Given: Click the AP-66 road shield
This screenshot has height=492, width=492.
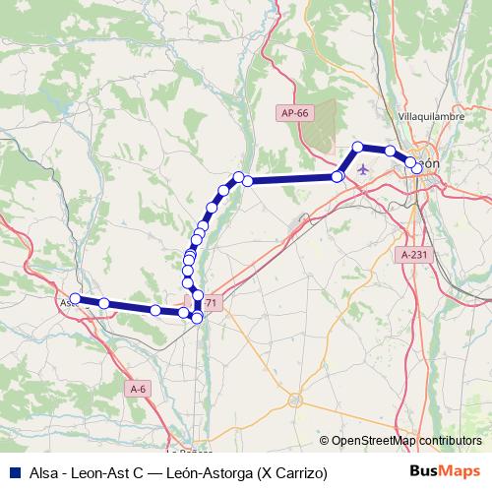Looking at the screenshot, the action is (294, 114).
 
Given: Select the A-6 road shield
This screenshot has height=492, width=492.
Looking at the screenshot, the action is (140, 390).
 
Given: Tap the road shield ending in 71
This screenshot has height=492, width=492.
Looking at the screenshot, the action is (210, 303).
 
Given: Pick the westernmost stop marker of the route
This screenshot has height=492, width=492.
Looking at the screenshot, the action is (75, 298).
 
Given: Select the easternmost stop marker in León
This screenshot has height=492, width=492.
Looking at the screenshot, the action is (417, 168).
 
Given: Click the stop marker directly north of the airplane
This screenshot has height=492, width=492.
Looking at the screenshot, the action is (358, 147).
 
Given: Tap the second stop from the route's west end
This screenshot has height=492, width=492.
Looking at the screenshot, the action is (104, 304).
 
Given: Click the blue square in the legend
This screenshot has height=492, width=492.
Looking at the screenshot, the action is (12, 473).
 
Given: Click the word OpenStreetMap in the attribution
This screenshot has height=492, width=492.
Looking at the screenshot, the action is (372, 441).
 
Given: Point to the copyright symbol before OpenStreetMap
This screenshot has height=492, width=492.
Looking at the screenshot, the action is (324, 441).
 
